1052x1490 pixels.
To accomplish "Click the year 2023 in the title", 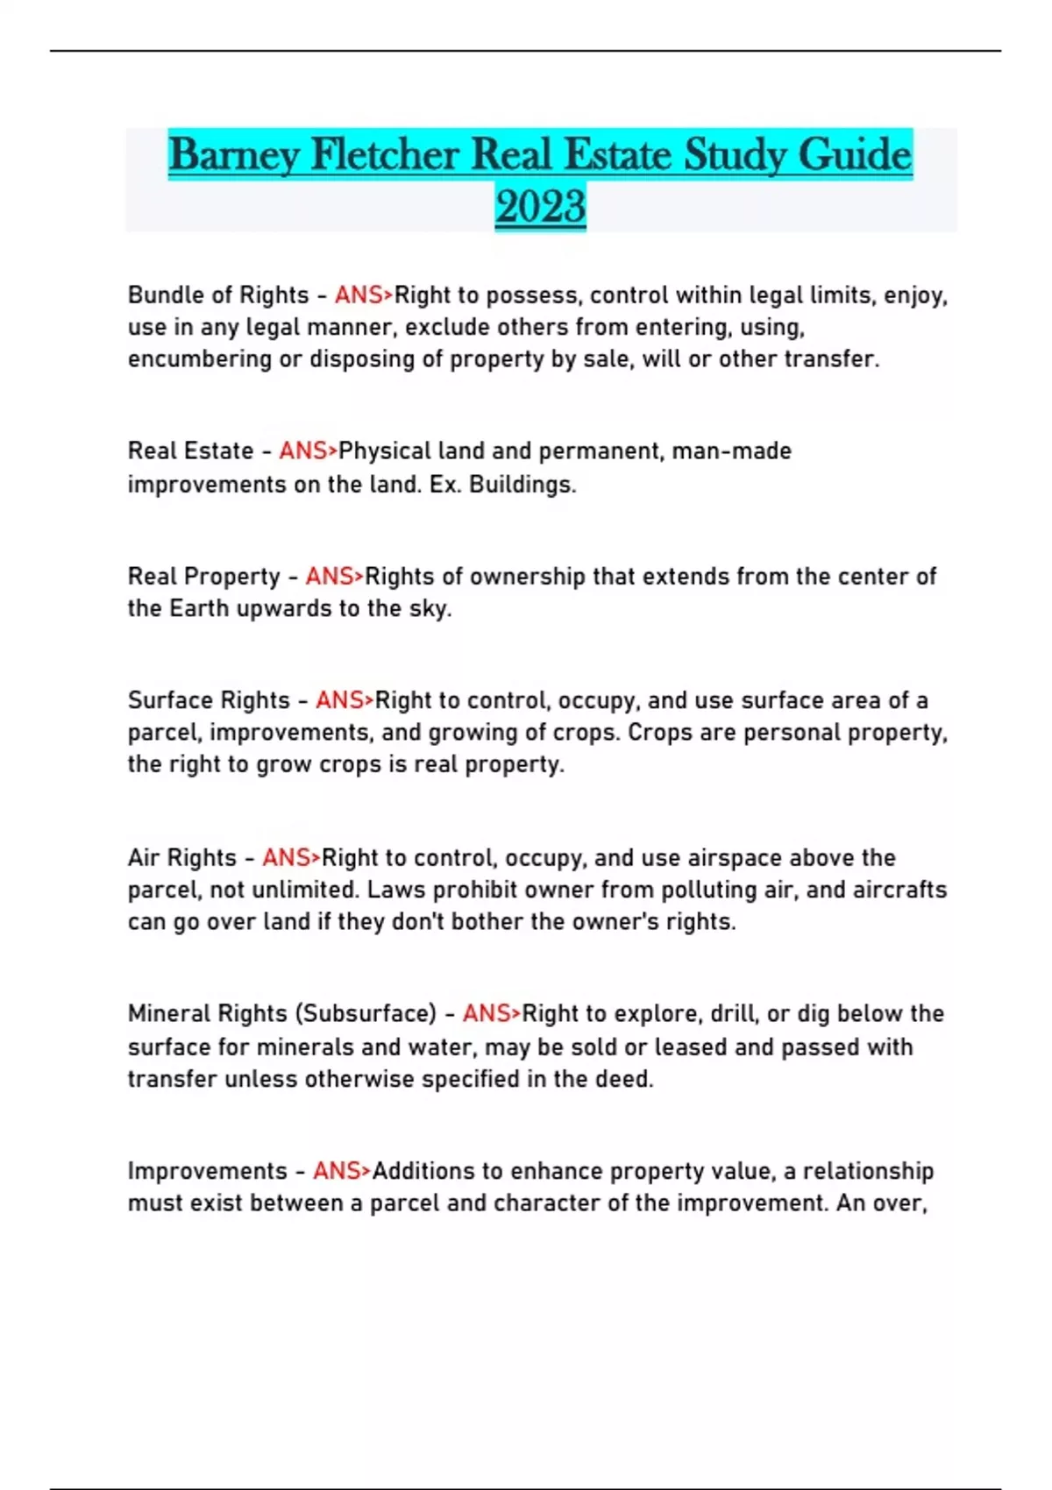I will point(540,207).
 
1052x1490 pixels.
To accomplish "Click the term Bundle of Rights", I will point(218,295).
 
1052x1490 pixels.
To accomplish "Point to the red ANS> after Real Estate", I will point(308,451).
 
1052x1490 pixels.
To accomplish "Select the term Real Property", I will point(203,577).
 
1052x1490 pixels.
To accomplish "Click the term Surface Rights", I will point(209,700).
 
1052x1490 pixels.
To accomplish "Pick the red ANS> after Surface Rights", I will point(345,700).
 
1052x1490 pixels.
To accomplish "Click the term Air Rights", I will point(182,857).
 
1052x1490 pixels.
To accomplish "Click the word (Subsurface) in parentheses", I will point(365,1014).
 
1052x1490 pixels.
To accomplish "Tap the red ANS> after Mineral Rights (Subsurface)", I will point(491,1014).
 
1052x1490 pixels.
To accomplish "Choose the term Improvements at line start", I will point(207,1171).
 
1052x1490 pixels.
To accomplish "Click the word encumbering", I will point(200,359).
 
